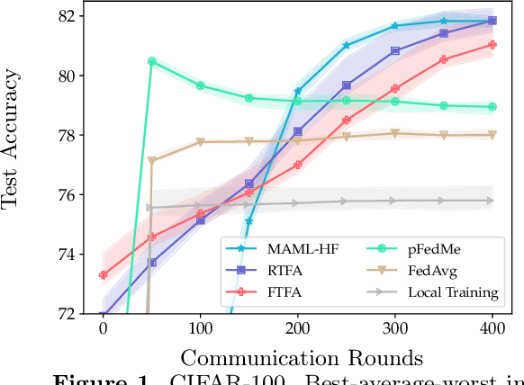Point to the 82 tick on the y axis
69,16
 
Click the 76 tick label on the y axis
69,195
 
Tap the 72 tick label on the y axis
69,314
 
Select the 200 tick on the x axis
298,328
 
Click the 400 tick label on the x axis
492,328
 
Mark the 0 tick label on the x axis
103,328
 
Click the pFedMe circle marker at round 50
151,62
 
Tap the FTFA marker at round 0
103,275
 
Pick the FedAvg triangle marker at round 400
492,135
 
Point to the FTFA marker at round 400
492,44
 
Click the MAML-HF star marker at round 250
346,45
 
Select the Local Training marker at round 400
492,201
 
